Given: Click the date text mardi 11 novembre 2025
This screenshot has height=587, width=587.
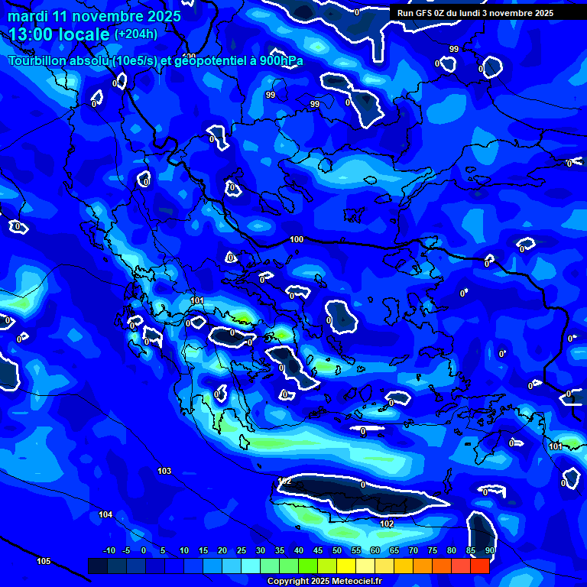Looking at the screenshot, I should (x=95, y=16).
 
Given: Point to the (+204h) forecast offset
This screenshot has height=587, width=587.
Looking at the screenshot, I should (x=136, y=34).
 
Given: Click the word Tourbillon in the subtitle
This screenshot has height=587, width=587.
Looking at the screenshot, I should (x=38, y=61).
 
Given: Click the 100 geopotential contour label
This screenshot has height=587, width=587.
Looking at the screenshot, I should (x=297, y=239).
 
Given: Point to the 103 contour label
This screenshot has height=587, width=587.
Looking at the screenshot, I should (x=164, y=471).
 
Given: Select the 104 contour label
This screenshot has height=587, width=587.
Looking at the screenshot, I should (x=105, y=514).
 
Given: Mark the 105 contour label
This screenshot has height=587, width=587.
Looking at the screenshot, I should (x=44, y=561).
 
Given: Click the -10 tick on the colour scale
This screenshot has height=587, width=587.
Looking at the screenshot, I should (x=109, y=550).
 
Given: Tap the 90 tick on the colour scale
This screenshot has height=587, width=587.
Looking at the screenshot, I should (x=489, y=550).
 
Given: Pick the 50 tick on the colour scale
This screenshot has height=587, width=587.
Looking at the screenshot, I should (x=337, y=550).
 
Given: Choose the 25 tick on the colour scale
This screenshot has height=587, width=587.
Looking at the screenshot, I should (x=242, y=550).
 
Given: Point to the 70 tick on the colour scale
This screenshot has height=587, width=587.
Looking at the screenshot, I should (x=413, y=550).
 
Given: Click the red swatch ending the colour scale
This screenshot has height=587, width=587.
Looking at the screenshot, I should (x=479, y=566).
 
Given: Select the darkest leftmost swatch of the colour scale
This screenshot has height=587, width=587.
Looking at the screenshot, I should (x=97, y=566).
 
